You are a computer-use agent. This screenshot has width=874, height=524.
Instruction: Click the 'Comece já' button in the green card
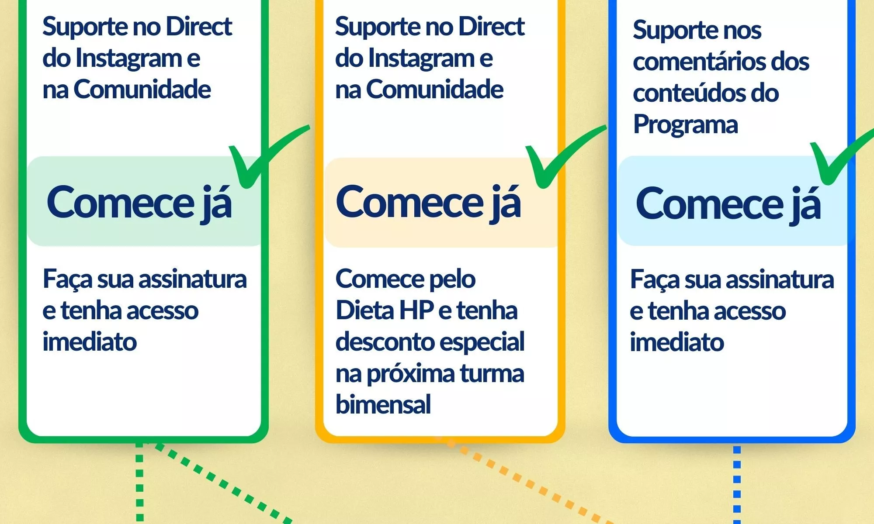[x=144, y=201]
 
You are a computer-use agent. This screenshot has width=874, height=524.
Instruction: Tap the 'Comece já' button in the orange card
[x=441, y=202]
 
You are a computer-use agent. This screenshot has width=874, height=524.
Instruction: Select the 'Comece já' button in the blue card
[x=733, y=201]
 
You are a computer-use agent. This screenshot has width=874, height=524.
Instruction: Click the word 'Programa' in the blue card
[x=685, y=124]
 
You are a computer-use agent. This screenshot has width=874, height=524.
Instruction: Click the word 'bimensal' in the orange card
[x=383, y=404]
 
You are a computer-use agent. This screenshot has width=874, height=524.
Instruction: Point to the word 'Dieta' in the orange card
[x=364, y=310]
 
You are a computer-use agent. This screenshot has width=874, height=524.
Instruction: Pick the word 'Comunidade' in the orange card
[x=435, y=90]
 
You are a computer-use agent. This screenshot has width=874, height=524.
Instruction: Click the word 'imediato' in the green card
[x=90, y=341]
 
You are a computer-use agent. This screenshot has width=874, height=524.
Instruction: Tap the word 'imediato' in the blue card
[x=677, y=341]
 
